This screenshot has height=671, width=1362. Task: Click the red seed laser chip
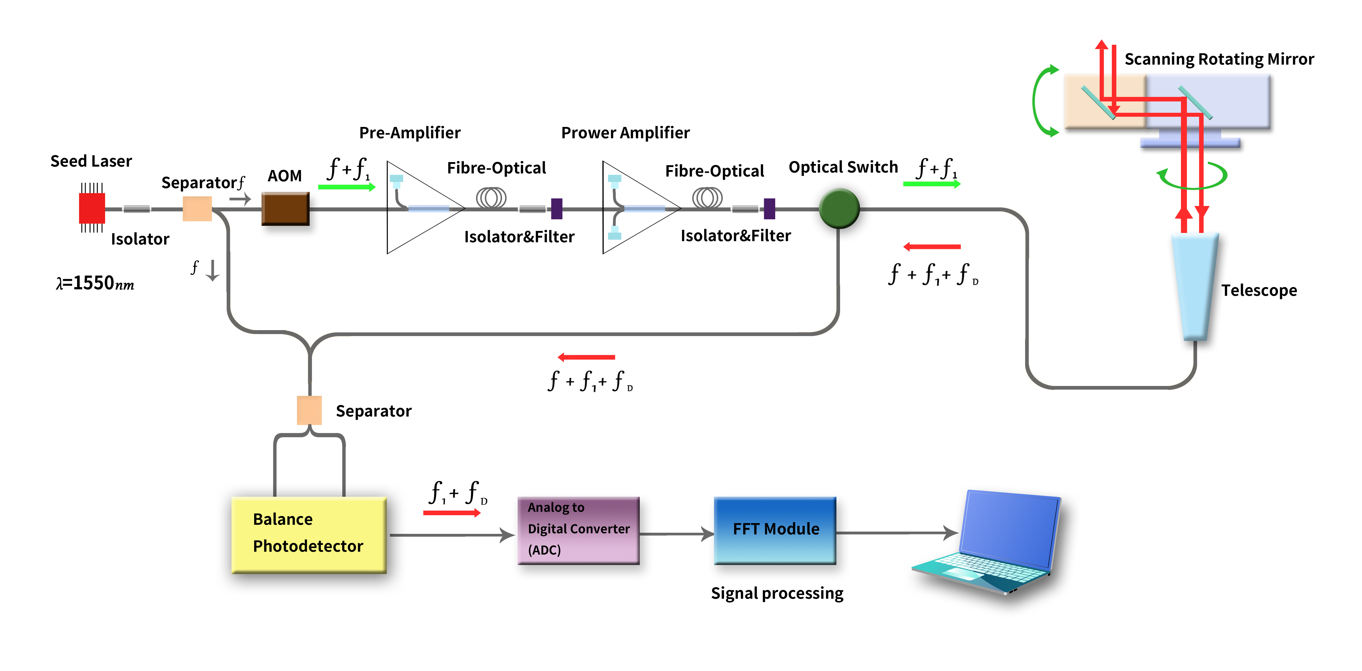(x=92, y=208)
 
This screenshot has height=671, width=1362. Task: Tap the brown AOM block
(x=285, y=209)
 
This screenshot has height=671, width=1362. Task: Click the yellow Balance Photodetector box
(x=309, y=535)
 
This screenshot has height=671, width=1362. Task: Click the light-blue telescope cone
(x=1195, y=286)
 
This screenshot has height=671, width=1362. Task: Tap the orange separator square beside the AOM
(x=197, y=209)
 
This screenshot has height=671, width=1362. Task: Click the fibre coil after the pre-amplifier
(x=491, y=198)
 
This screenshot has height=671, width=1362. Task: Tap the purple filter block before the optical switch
(x=769, y=209)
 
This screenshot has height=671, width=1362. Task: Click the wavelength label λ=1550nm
(x=95, y=283)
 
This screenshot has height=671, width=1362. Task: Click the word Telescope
(x=1259, y=290)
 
